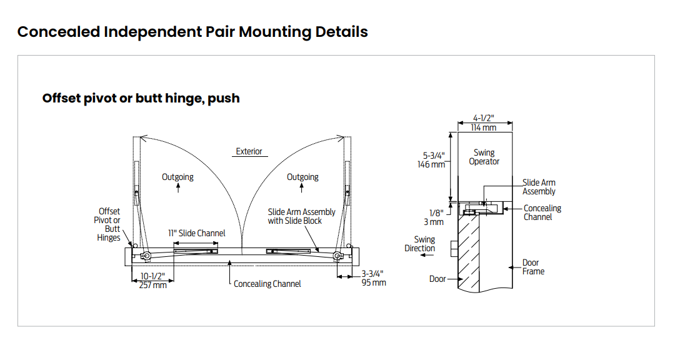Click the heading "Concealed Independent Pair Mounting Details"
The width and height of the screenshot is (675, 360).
click(192, 32)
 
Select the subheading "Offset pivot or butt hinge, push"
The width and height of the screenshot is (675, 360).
click(141, 98)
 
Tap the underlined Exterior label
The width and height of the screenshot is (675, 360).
click(249, 152)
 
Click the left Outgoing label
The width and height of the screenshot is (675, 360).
click(177, 177)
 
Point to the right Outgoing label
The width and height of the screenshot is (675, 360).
click(302, 177)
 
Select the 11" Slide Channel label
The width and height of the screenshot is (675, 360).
click(196, 233)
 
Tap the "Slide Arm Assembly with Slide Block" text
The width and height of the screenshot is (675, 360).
click(301, 216)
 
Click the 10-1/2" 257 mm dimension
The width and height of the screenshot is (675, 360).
click(153, 281)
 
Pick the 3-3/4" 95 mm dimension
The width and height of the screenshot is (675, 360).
click(373, 278)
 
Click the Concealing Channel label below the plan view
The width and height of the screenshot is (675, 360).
click(267, 284)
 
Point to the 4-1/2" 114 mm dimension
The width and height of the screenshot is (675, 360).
click(483, 122)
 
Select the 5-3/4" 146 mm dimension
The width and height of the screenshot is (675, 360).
click(431, 160)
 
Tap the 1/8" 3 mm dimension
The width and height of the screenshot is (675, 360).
click(434, 217)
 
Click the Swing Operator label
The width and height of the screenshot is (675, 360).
click(484, 157)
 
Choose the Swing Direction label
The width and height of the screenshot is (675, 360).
click(420, 244)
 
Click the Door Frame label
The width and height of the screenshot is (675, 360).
click(533, 267)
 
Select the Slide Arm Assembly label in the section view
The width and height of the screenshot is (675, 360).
click(539, 187)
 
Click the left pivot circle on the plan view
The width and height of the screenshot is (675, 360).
click(146, 256)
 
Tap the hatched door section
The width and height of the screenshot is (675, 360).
click(468, 252)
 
